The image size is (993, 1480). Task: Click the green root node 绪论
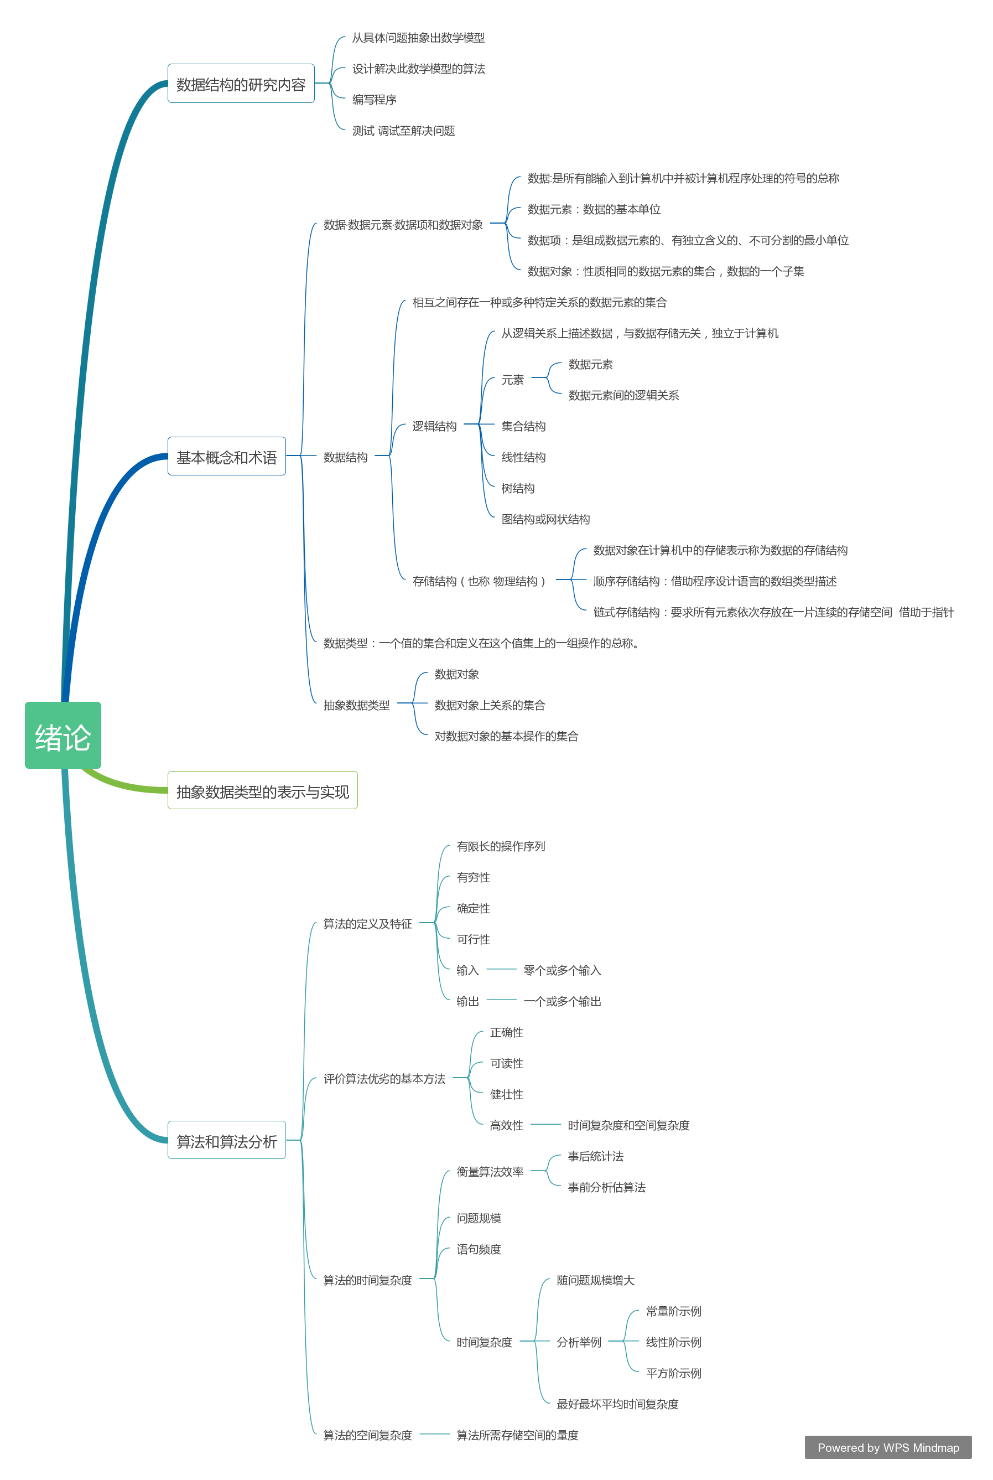pyautogui.click(x=63, y=735)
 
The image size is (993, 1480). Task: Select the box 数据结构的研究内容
pyautogui.click(x=241, y=83)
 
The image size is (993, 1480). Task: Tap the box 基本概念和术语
pyautogui.click(x=227, y=456)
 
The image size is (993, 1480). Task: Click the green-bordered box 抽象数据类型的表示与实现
pyautogui.click(x=262, y=790)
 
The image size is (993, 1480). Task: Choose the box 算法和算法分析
pyautogui.click(x=227, y=1140)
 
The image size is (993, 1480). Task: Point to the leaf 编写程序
pyautogui.click(x=375, y=100)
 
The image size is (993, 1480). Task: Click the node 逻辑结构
pyautogui.click(x=434, y=426)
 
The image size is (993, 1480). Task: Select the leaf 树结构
pyautogui.click(x=518, y=488)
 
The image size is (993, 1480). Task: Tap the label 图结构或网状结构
pyautogui.click(x=545, y=519)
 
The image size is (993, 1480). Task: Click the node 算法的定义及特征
pyautogui.click(x=367, y=923)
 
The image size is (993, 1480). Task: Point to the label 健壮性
pyautogui.click(x=507, y=1094)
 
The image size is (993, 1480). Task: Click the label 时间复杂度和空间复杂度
pyautogui.click(x=628, y=1125)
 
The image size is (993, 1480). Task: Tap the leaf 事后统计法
pyautogui.click(x=595, y=1156)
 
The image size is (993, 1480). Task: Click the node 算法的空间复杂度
pyautogui.click(x=367, y=1435)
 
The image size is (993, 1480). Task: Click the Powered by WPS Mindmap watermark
pyautogui.click(x=888, y=1447)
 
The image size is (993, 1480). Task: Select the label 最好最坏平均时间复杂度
pyautogui.click(x=617, y=1403)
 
